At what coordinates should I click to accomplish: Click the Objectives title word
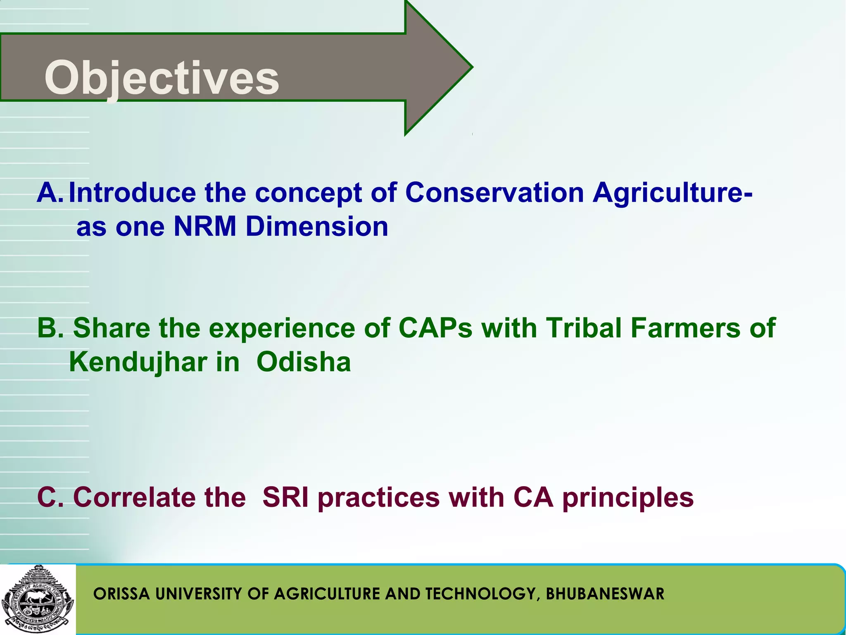[x=162, y=78]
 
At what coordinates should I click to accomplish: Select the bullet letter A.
[x=49, y=193]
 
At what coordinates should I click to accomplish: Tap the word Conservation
[x=494, y=193]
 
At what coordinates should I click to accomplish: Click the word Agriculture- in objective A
[x=672, y=193]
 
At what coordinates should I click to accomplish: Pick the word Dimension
[x=317, y=227]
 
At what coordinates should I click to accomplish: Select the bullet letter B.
[x=49, y=328]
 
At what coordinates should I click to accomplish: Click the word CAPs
[x=435, y=328]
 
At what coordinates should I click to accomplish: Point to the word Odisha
[x=304, y=362]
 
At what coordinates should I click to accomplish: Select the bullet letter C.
[x=49, y=497]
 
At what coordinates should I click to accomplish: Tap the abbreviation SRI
[x=285, y=497]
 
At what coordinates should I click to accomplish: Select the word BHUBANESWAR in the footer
[x=605, y=594]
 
